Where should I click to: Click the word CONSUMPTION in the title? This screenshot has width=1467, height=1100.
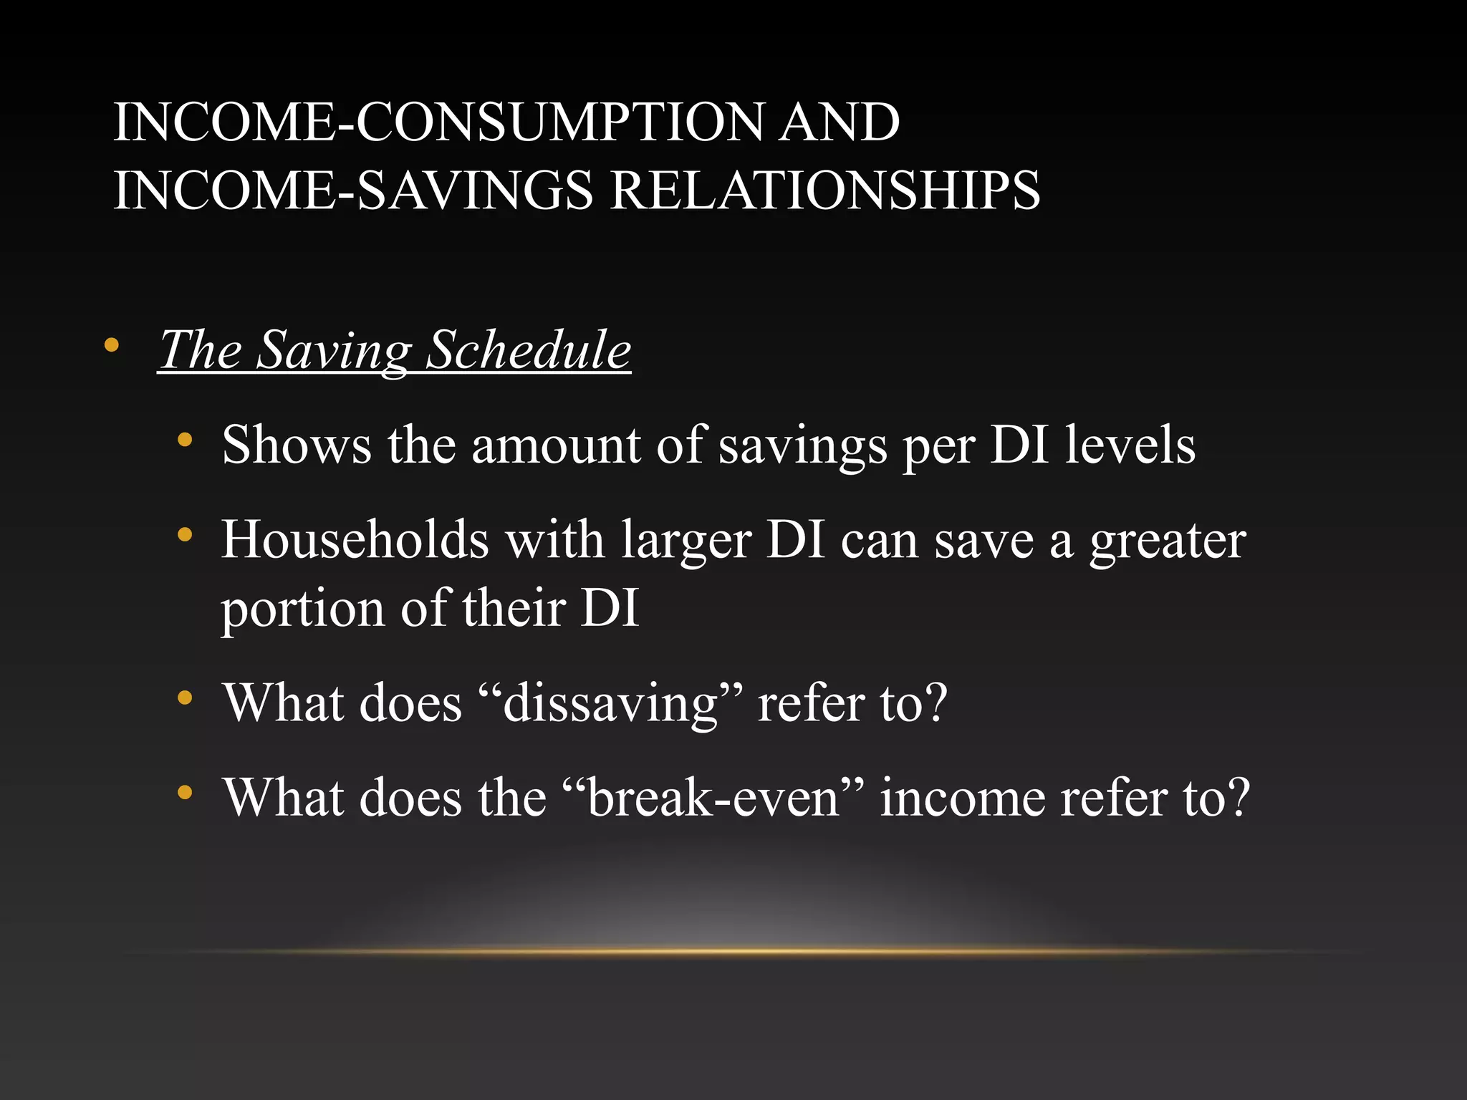click(559, 122)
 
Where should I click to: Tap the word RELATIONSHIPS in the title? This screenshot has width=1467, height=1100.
click(824, 190)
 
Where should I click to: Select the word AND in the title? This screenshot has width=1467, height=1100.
click(839, 122)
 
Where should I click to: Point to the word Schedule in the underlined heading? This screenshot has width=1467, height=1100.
click(528, 350)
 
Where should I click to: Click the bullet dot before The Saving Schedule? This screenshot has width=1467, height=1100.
click(111, 346)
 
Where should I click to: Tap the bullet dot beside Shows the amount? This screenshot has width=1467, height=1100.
click(185, 440)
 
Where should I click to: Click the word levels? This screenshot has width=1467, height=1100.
click(1130, 445)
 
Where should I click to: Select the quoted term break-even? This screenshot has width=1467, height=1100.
click(712, 798)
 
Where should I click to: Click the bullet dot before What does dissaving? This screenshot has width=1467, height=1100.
click(185, 698)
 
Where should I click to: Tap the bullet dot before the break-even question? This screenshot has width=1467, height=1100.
click(185, 792)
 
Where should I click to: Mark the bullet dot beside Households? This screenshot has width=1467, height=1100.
click(185, 534)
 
